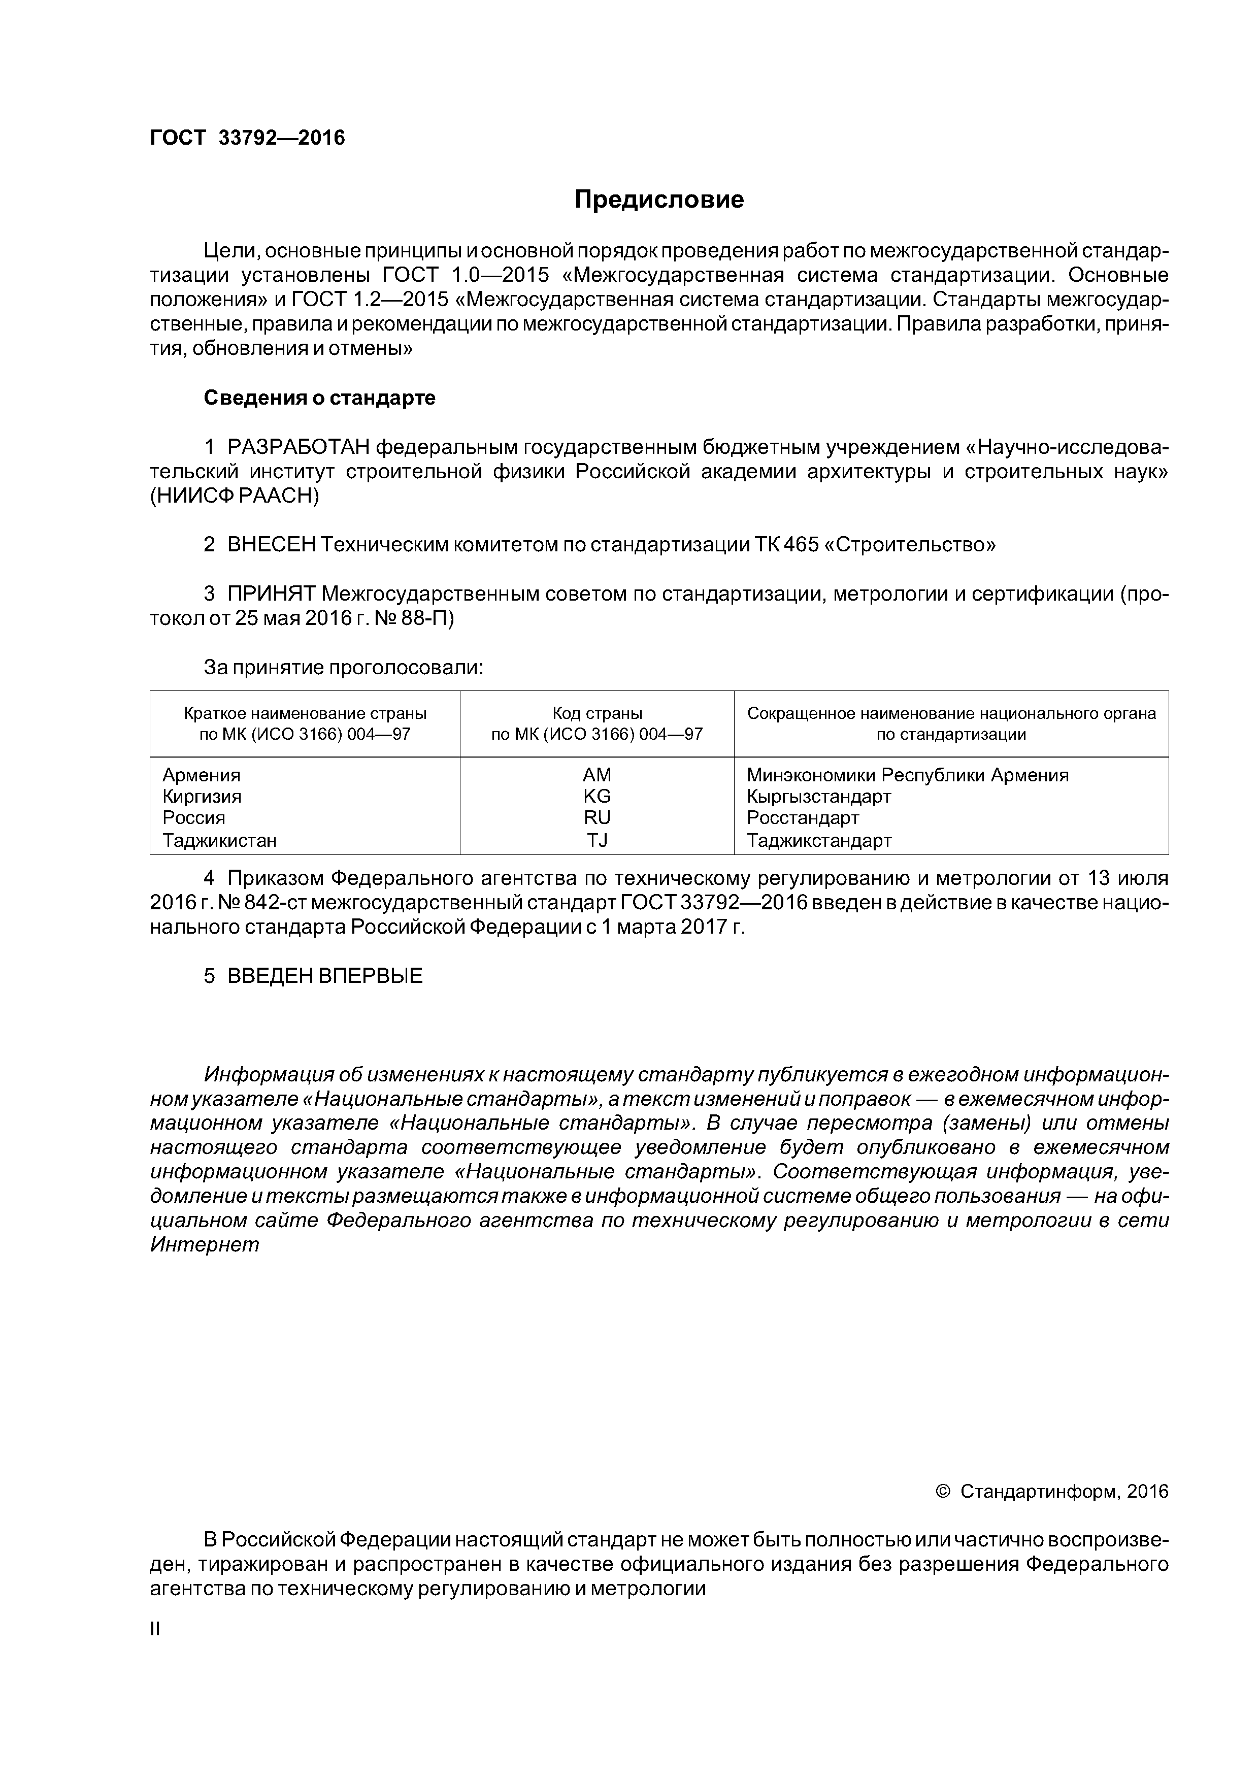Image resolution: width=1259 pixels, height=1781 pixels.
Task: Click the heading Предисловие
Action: (x=658, y=200)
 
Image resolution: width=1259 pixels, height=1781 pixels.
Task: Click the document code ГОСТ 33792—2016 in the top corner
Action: (x=247, y=138)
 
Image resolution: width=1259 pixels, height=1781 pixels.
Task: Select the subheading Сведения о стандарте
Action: (x=319, y=398)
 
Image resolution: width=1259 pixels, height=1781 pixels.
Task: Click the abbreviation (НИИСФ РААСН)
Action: (x=234, y=497)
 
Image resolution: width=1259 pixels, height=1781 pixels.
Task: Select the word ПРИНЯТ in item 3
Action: (x=271, y=594)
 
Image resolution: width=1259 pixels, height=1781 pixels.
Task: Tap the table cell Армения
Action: (x=202, y=775)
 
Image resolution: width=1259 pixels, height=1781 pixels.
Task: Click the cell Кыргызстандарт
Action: (x=818, y=796)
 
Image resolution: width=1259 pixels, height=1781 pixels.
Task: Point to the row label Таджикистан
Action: (x=219, y=840)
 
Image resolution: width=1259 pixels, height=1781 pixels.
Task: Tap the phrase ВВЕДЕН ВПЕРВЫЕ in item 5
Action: (x=324, y=976)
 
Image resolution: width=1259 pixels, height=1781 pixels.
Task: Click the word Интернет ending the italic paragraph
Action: (x=204, y=1245)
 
